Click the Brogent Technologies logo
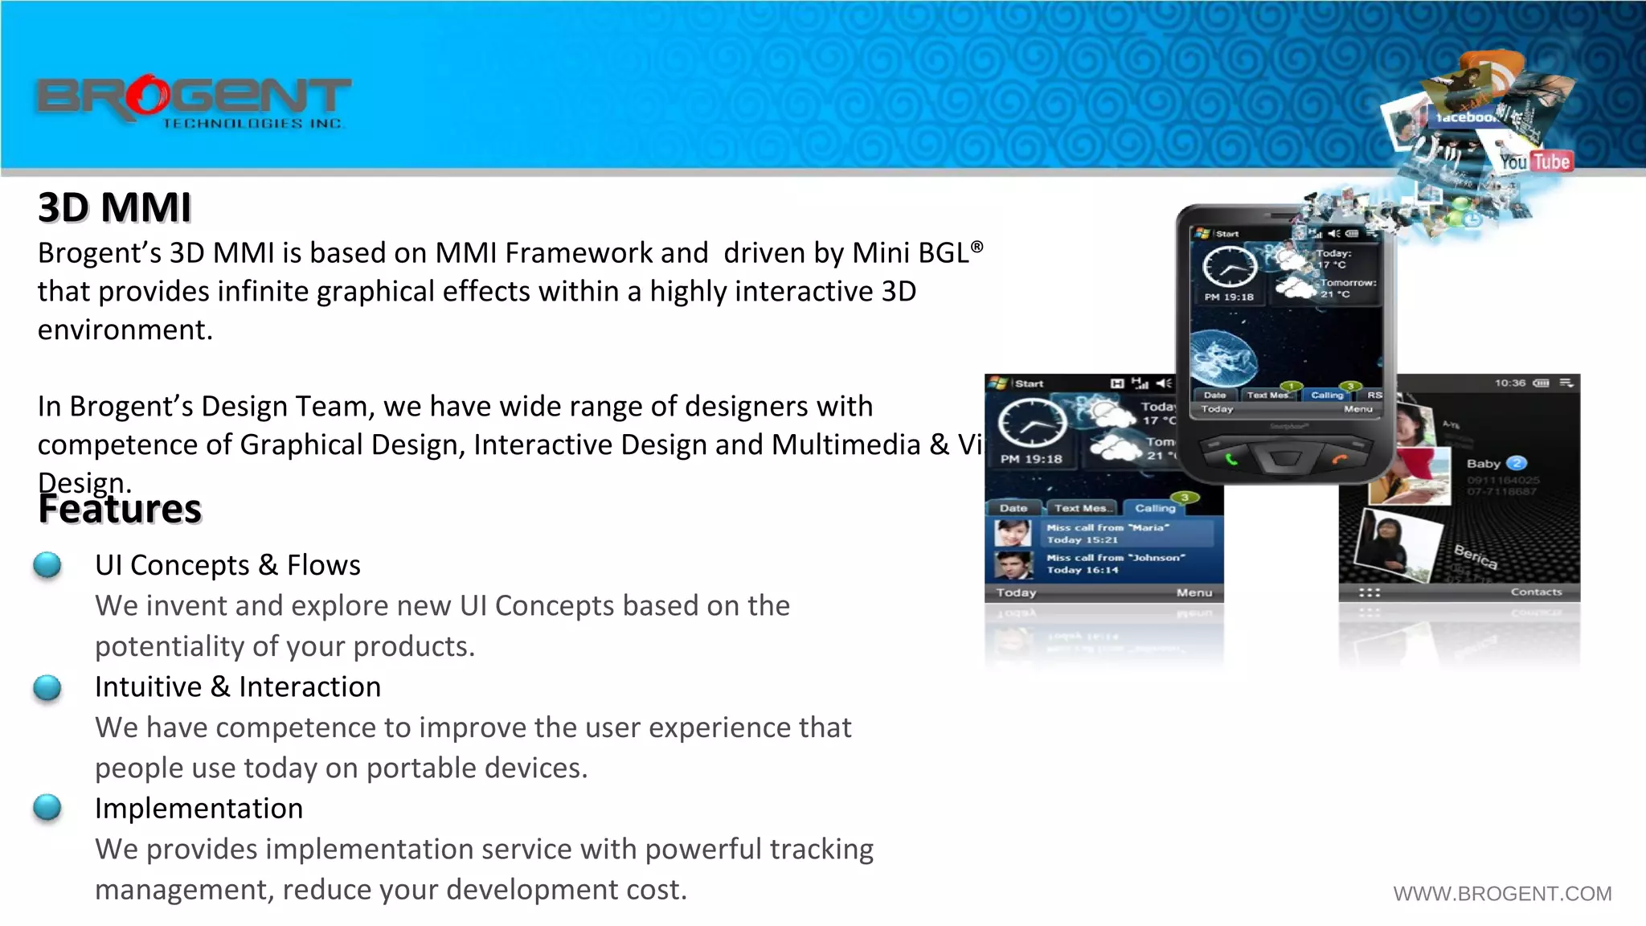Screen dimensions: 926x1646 pyautogui.click(x=193, y=101)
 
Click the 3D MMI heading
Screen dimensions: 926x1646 pyautogui.click(x=114, y=207)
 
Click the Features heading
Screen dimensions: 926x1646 pyautogui.click(x=120, y=509)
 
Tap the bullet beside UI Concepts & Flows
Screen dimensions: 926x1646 pyautogui.click(x=47, y=565)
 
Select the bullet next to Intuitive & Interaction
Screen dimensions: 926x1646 pyautogui.click(x=47, y=687)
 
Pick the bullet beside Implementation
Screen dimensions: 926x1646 pyautogui.click(x=47, y=808)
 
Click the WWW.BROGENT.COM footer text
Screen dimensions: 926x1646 pyautogui.click(x=1501, y=893)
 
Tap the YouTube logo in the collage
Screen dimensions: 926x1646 pyautogui.click(x=1535, y=162)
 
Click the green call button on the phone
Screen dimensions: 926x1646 pyautogui.click(x=1230, y=460)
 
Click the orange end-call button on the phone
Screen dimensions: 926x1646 pyautogui.click(x=1339, y=459)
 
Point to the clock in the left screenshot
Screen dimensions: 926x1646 pyautogui.click(x=1032, y=423)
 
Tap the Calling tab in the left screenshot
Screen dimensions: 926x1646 pyautogui.click(x=1155, y=508)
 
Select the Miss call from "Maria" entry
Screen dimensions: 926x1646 pyautogui.click(x=1108, y=534)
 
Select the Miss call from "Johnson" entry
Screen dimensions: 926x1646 pyautogui.click(x=1114, y=563)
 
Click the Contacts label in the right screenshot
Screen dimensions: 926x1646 pyautogui.click(x=1535, y=592)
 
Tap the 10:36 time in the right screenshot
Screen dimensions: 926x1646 pyautogui.click(x=1509, y=383)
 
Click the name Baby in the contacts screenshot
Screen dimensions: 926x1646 pyautogui.click(x=1484, y=464)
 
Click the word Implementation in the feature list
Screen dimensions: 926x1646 pyautogui.click(x=199, y=808)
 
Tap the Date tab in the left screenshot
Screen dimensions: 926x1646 pyautogui.click(x=1013, y=508)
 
